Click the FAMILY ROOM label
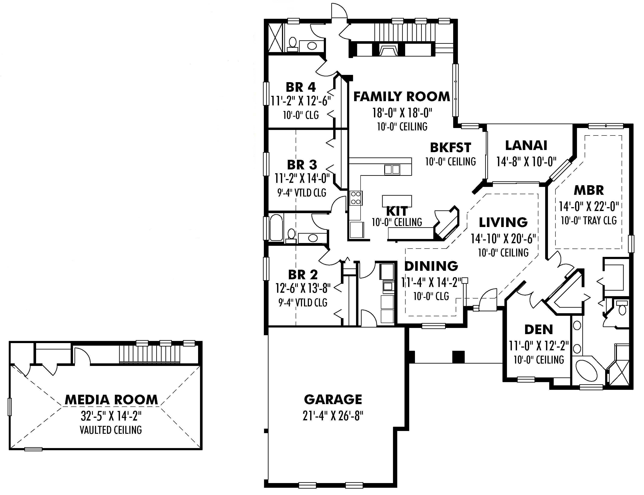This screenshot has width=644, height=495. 402,97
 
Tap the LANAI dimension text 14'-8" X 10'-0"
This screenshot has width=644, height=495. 526,162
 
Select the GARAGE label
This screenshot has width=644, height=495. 333,400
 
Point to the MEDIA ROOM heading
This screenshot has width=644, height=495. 111,400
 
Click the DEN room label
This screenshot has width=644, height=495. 539,330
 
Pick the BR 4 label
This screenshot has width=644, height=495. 301,87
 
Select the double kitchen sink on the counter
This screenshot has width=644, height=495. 392,169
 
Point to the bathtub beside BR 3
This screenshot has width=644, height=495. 276,227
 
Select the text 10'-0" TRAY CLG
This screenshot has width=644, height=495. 588,220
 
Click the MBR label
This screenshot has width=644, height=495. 589,190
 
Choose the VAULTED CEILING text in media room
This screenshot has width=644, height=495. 111,430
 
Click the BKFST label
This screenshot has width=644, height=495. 450,147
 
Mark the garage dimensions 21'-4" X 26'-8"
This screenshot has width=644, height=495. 333,416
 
